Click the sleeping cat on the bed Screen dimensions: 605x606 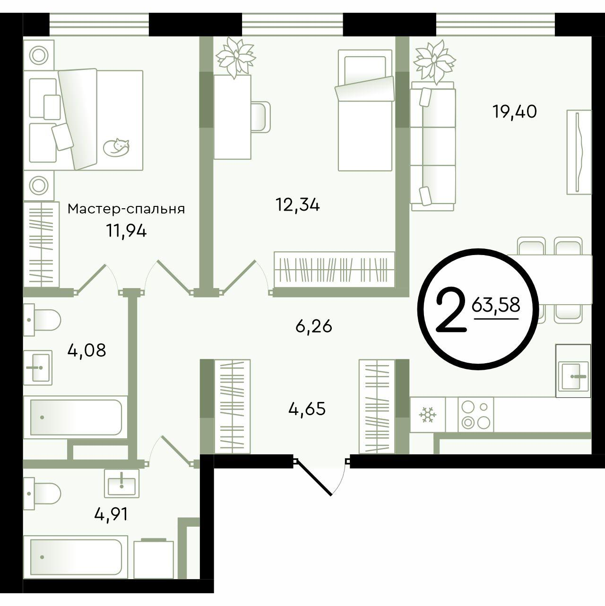[116, 146]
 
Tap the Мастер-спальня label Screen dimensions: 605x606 [126, 209]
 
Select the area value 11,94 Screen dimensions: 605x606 [126, 232]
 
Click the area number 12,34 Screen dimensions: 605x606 [297, 205]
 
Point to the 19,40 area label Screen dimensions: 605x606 [515, 111]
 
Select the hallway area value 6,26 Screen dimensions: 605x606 [314, 326]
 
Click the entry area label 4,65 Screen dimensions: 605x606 [307, 409]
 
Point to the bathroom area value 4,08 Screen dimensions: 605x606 [86, 350]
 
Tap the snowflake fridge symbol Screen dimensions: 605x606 [427, 415]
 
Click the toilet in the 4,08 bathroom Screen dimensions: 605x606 [42, 320]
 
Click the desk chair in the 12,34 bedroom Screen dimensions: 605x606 [261, 116]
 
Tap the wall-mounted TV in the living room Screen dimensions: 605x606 [579, 152]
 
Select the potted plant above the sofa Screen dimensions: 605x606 [434, 61]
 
